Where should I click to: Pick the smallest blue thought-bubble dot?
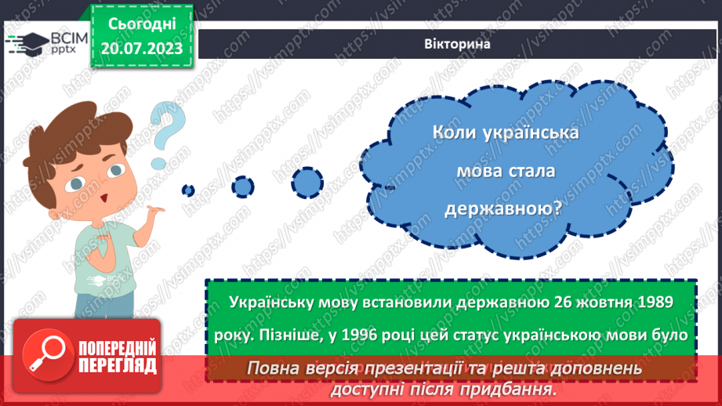[188, 190]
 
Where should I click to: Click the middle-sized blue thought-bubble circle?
[243, 187]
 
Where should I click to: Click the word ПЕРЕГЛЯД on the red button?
[118, 365]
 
